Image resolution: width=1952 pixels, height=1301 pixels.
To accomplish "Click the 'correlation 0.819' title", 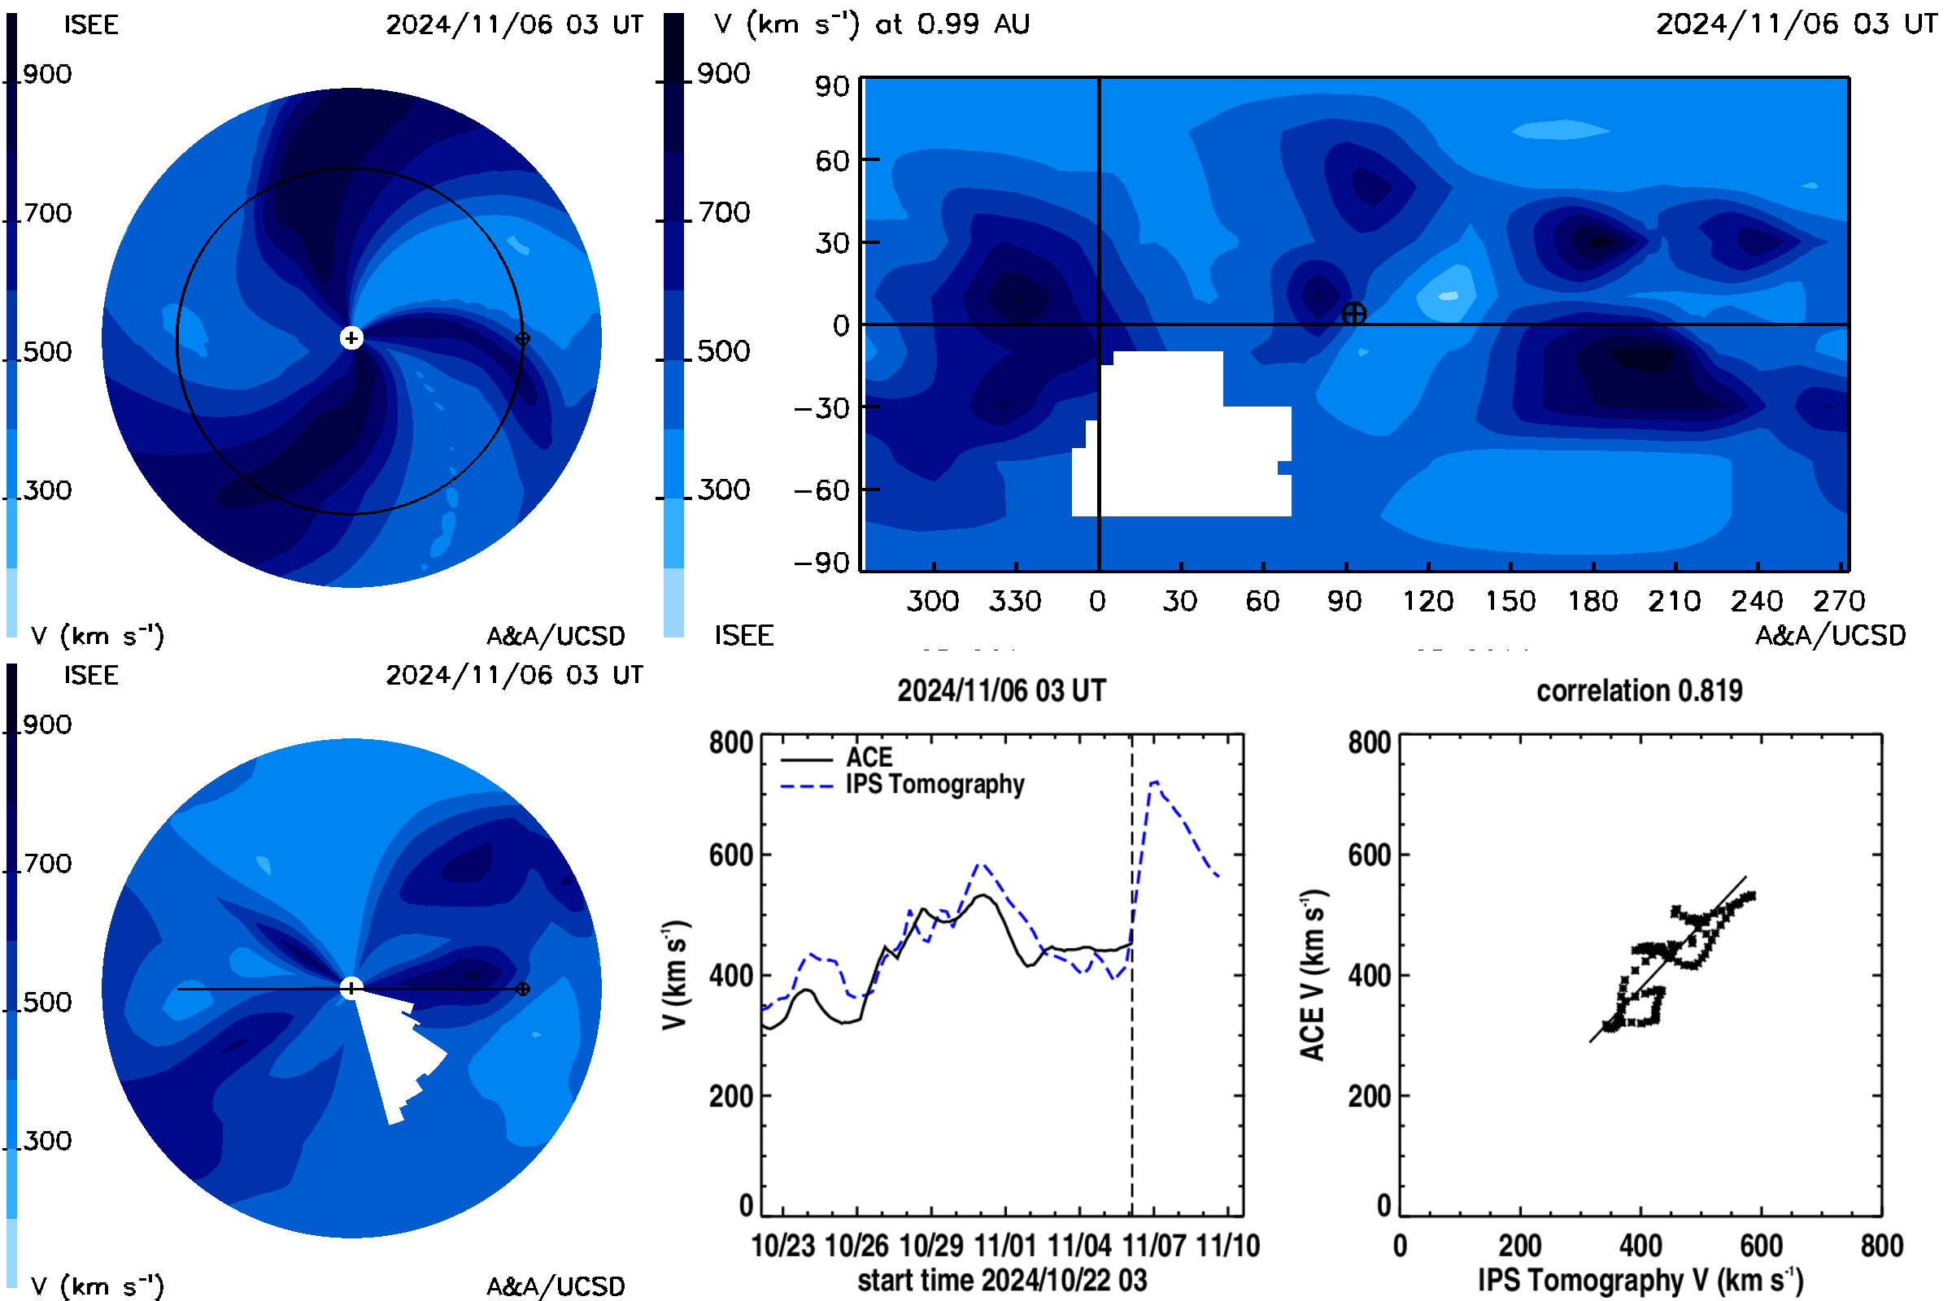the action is [1639, 691].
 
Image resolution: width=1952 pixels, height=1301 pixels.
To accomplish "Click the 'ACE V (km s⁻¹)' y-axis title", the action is [1312, 975].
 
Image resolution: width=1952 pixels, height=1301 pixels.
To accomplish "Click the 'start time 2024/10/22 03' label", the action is [1002, 1280].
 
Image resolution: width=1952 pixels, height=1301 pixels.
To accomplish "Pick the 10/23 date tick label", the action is [782, 1246].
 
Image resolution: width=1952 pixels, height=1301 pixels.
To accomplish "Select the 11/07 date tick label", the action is [1152, 1246].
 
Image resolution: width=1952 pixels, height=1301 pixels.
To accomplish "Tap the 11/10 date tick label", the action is [1227, 1246].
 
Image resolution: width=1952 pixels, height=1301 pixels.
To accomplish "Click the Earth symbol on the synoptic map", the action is [1353, 314].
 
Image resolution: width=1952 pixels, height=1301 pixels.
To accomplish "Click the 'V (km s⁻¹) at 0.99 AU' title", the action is [872, 24].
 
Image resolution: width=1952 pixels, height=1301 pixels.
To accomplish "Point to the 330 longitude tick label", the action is [1014, 601].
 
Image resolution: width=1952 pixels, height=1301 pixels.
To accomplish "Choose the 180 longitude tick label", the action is [1592, 601].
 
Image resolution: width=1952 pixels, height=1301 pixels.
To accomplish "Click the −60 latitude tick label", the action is [822, 490].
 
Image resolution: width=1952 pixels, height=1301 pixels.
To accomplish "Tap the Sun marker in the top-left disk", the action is [351, 337].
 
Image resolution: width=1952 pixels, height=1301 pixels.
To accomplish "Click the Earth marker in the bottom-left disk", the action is [522, 989].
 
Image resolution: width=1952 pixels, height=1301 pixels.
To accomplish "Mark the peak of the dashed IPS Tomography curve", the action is [1153, 781].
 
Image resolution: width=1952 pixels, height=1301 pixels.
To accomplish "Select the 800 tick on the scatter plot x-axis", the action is [1881, 1246].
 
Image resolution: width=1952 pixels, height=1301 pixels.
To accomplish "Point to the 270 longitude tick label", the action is [1838, 601].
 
